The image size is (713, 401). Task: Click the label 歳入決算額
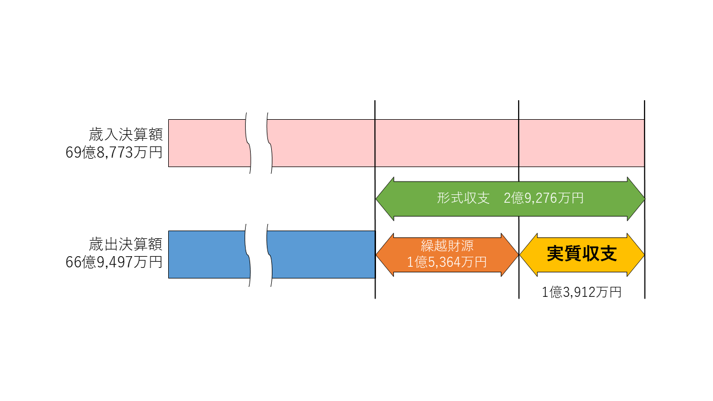pyautogui.click(x=125, y=135)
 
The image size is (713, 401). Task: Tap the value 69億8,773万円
pyautogui.click(x=114, y=152)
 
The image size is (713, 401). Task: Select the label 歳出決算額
pyautogui.click(x=125, y=244)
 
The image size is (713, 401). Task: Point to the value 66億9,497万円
pyautogui.click(x=114, y=261)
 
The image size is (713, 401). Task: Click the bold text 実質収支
pyautogui.click(x=582, y=254)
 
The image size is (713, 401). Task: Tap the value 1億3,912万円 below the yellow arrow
pyautogui.click(x=582, y=292)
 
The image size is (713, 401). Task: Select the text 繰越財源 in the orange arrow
pyautogui.click(x=447, y=246)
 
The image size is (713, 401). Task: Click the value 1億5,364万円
pyautogui.click(x=447, y=262)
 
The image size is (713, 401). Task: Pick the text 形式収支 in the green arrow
pyautogui.click(x=463, y=198)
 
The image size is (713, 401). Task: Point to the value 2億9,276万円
pyautogui.click(x=543, y=198)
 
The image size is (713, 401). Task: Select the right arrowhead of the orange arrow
pyautogui.click(x=510, y=255)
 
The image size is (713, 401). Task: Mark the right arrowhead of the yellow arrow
pyautogui.click(x=636, y=255)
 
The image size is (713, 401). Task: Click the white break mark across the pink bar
pyautogui.click(x=259, y=143)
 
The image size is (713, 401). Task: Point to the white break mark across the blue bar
pyautogui.click(x=259, y=254)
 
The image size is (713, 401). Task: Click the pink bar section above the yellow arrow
pyautogui.click(x=582, y=143)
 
